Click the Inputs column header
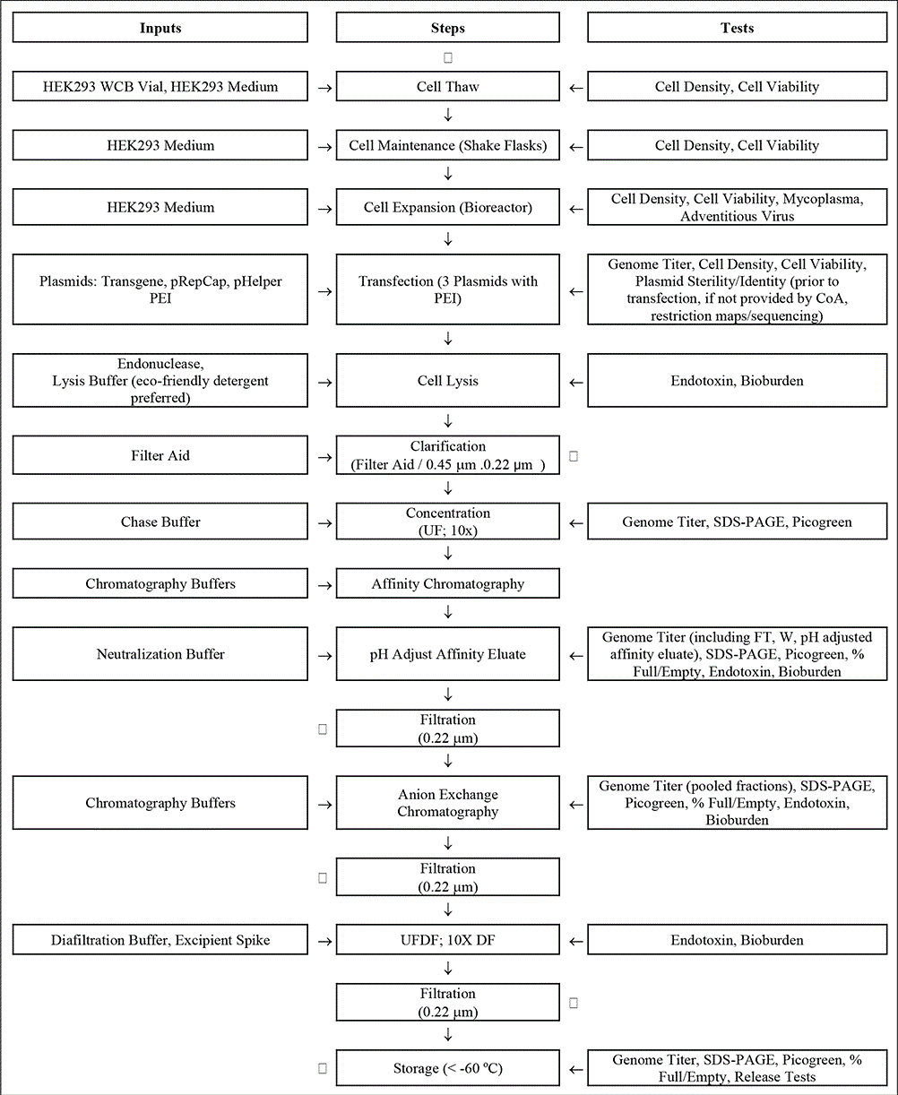pyautogui.click(x=160, y=28)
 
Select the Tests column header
pyautogui.click(x=737, y=28)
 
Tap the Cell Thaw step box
pyautogui.click(x=448, y=87)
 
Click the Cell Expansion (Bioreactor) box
pyautogui.click(x=448, y=207)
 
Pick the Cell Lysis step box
pyautogui.click(x=448, y=381)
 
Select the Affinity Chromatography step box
pyautogui.click(x=448, y=584)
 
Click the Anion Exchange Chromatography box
pyautogui.click(x=448, y=803)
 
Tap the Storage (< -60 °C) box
pyautogui.click(x=448, y=1068)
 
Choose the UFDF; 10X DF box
pyautogui.click(x=448, y=941)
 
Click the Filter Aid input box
pyautogui.click(x=160, y=455)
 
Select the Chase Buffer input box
pyautogui.click(x=160, y=522)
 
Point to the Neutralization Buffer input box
pyautogui.click(x=160, y=654)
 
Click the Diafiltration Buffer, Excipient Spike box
pyautogui.click(x=160, y=941)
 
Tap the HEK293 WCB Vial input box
pyautogui.click(x=160, y=87)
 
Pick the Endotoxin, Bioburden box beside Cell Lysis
pyautogui.click(x=737, y=381)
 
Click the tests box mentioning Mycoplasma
pyautogui.click(x=737, y=207)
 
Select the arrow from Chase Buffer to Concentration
pyautogui.click(x=324, y=522)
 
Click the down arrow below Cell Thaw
pyautogui.click(x=448, y=116)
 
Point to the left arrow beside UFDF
pyautogui.click(x=575, y=941)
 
